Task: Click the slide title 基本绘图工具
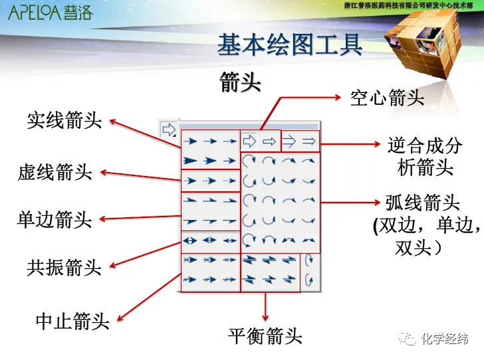[x=290, y=45]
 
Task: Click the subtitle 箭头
[x=240, y=82]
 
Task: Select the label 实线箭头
[x=64, y=120]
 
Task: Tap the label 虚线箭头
[x=55, y=173]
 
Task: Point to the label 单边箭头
[x=54, y=219]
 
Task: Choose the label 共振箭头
[x=64, y=268]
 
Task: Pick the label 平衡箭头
[x=265, y=336]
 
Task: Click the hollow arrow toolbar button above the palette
[x=168, y=129]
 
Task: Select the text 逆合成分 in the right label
[x=424, y=145]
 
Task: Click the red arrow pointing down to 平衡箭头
[x=266, y=306]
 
